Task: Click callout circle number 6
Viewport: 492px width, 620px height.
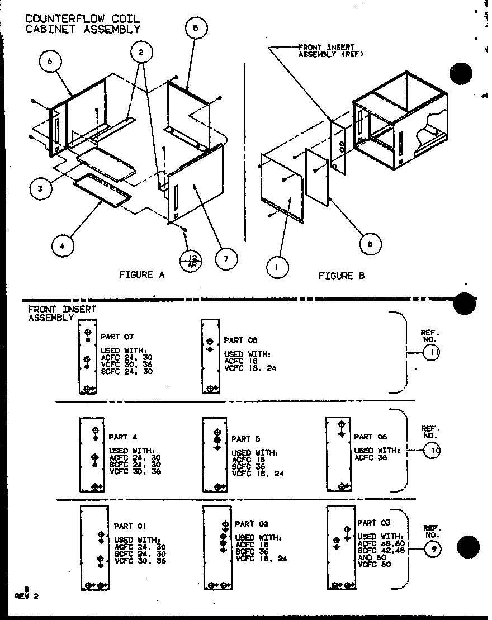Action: [x=50, y=62]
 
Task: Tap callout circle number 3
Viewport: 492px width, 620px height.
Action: [x=40, y=189]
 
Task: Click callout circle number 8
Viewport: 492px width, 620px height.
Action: [x=370, y=243]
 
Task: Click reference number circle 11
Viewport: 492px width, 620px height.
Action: [x=432, y=353]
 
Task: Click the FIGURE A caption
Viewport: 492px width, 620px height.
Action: [x=136, y=274]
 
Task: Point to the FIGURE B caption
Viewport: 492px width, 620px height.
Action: [x=342, y=276]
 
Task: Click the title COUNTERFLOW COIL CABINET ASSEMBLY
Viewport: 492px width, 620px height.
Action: [x=83, y=24]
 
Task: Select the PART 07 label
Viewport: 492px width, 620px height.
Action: [x=117, y=337]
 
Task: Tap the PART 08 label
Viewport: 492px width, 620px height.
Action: [x=240, y=340]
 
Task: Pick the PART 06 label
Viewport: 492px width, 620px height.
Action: [x=370, y=437]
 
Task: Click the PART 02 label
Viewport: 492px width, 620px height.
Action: [x=252, y=524]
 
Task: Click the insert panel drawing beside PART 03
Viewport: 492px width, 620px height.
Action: [x=341, y=548]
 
